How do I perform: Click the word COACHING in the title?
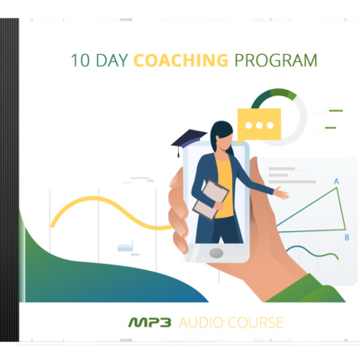pos(181,60)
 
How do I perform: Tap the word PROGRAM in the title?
pos(275,60)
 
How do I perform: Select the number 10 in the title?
pos(80,60)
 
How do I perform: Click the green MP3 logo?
pos(149,322)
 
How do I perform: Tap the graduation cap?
pos(189,140)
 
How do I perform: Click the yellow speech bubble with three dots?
pos(259,125)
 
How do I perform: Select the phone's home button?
pos(216,253)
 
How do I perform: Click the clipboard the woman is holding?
pos(211,200)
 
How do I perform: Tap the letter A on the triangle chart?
pos(337,181)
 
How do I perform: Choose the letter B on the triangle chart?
pos(347,238)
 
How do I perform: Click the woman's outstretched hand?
pos(282,193)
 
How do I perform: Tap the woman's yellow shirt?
pos(225,187)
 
